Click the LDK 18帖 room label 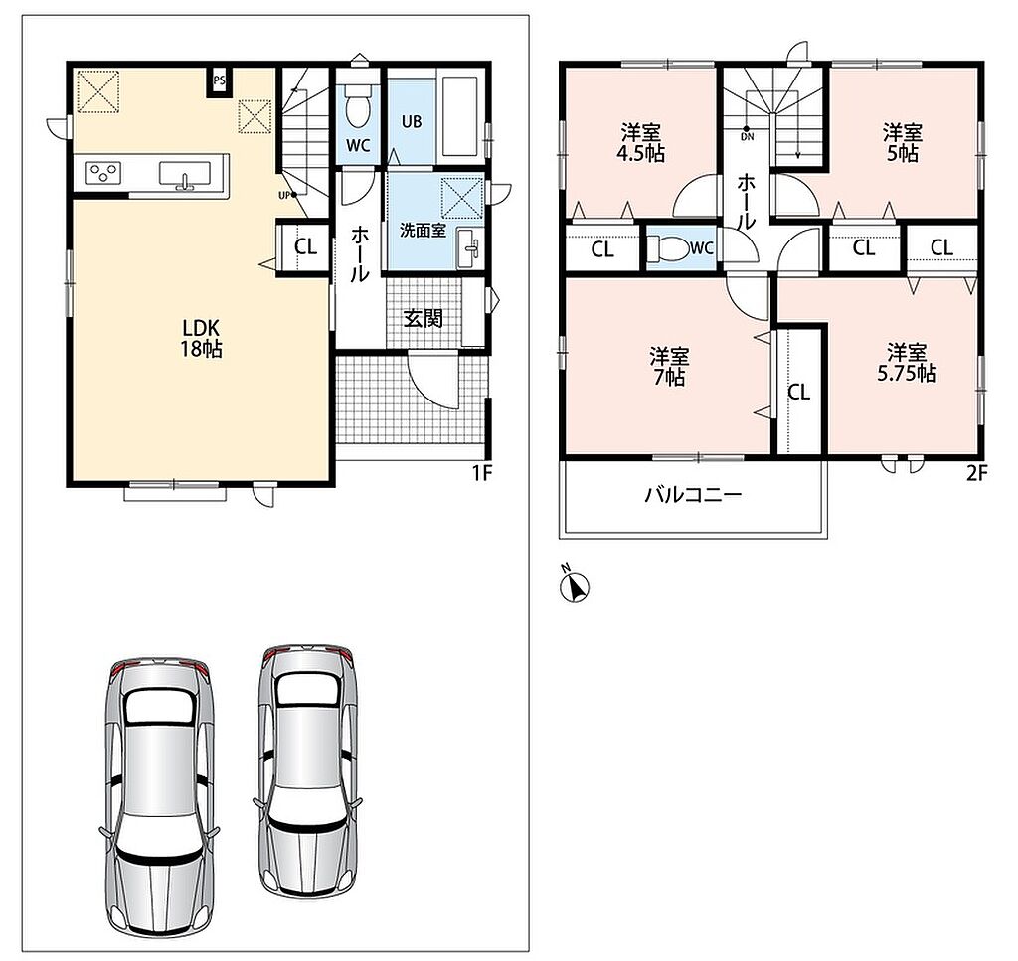(201, 338)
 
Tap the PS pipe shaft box (219, 81)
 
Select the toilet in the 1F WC (356, 104)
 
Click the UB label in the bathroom (412, 121)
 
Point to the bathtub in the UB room (459, 117)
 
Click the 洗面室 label (423, 230)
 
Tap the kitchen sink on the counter (185, 175)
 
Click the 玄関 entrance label (424, 319)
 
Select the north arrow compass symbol (574, 586)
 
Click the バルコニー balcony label (693, 496)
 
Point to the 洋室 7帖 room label (669, 367)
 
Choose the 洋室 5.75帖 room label (907, 363)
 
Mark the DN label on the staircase (748, 137)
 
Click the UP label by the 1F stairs (283, 195)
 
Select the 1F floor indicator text (482, 474)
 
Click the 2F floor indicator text (976, 474)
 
